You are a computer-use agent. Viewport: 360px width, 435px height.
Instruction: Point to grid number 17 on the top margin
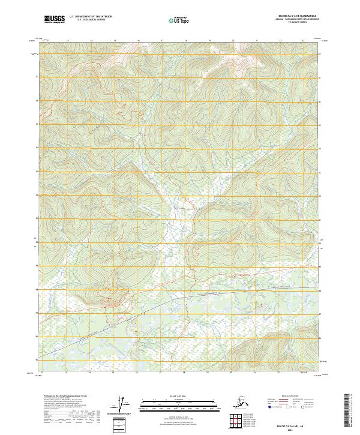point(162,40)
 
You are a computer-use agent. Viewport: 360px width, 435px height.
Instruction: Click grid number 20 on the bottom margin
point(232,371)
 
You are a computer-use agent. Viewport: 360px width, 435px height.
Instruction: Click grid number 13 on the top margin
point(67,40)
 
